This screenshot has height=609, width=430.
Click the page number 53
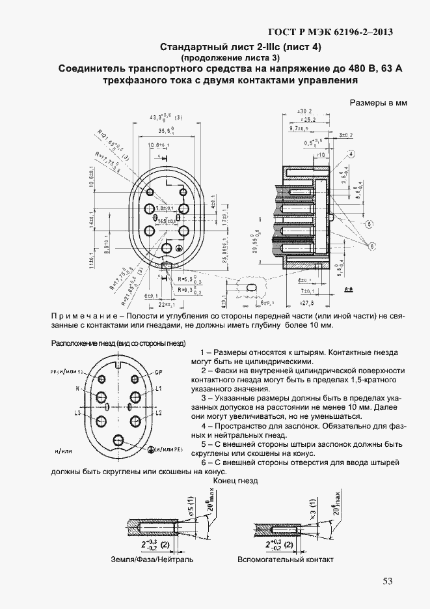click(388, 582)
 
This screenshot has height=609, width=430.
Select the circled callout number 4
click(351, 154)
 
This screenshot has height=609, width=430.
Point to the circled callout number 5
click(369, 225)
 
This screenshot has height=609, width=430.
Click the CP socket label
click(157, 373)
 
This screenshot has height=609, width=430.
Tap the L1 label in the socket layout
click(158, 388)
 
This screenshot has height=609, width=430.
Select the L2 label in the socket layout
click(158, 414)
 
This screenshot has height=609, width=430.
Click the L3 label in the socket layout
click(77, 414)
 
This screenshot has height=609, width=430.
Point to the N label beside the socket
click(77, 388)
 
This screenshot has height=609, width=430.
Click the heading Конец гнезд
click(235, 481)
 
